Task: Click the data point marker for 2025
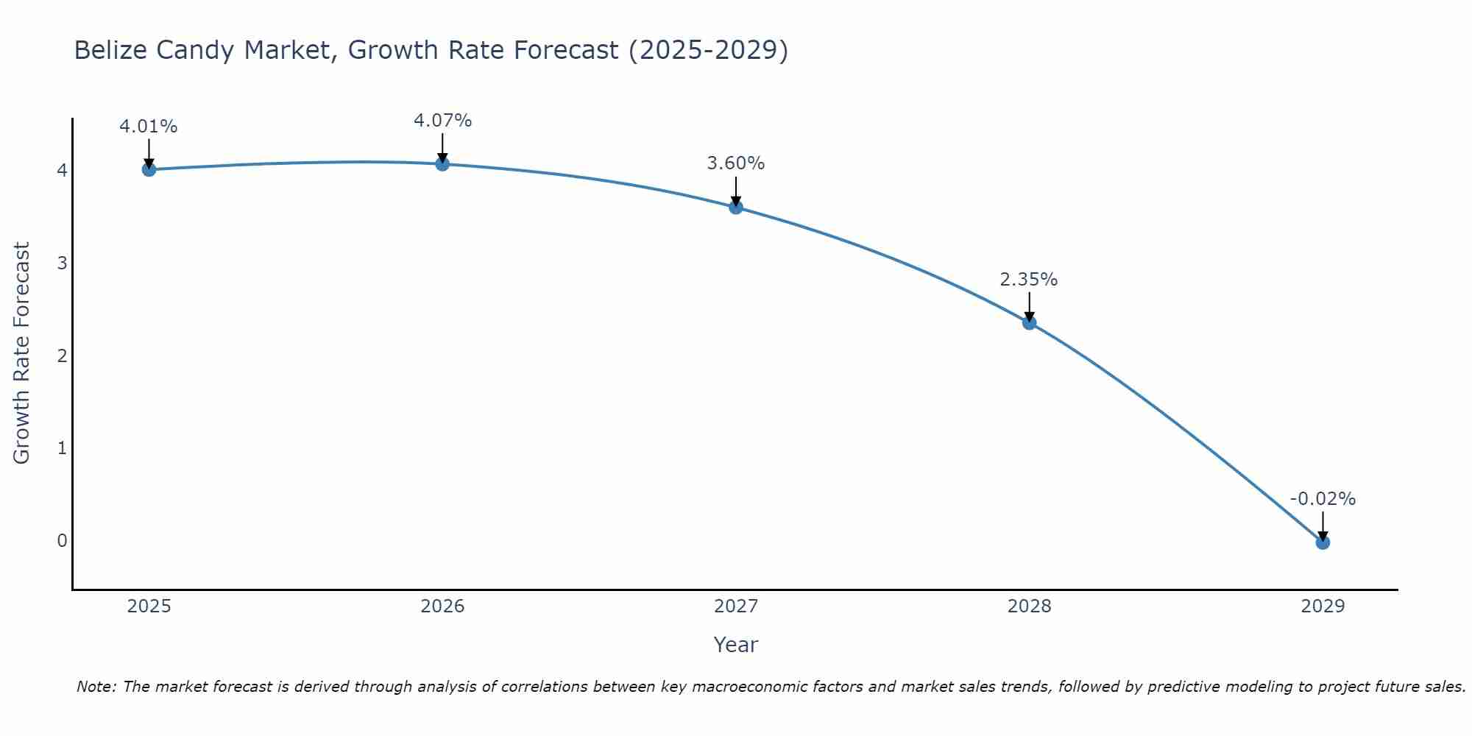click(149, 169)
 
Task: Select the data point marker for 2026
click(442, 164)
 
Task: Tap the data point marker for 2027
click(736, 208)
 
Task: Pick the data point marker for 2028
click(1029, 322)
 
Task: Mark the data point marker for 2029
click(1323, 542)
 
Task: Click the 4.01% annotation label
click(149, 127)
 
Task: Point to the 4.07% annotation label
click(442, 121)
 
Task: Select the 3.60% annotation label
click(736, 163)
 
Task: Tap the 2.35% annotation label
click(1029, 280)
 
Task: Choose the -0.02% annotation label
click(1323, 499)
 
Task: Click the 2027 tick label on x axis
click(736, 606)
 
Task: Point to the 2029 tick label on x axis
click(1323, 606)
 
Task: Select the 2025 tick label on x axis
click(149, 606)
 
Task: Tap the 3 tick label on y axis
click(62, 263)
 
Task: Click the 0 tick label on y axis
click(62, 541)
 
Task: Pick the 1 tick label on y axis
click(62, 448)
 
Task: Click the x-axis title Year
click(736, 645)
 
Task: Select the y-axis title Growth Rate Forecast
click(22, 353)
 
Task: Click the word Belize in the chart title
click(107, 50)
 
